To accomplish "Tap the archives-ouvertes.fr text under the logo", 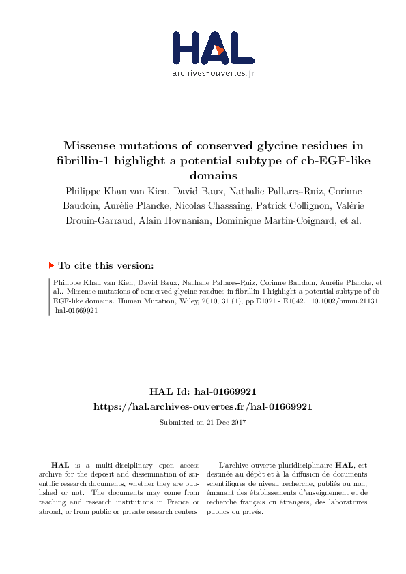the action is pyautogui.click(x=214, y=73).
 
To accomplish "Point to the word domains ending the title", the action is pyautogui.click(x=203, y=175).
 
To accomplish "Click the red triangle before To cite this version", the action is pyautogui.click(x=51, y=265).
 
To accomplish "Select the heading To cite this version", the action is pyautogui.click(x=106, y=265).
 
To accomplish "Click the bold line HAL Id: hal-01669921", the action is pyautogui.click(x=203, y=391).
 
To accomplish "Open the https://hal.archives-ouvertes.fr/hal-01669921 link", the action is pyautogui.click(x=203, y=406).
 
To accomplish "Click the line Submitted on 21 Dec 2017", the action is pyautogui.click(x=203, y=423).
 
